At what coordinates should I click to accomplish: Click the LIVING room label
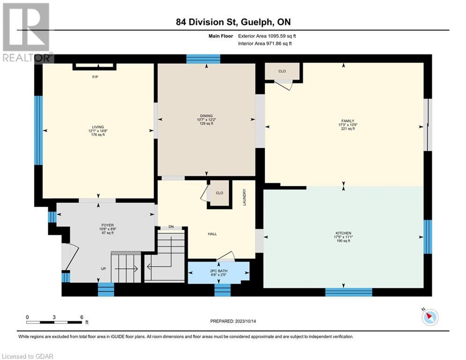coord(98,127)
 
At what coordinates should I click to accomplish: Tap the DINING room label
coord(206,116)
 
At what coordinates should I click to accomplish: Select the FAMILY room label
coord(348,121)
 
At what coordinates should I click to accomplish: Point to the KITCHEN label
coord(343,233)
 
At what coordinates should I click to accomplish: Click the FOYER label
coord(107,225)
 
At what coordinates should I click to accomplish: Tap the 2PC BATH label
coord(219,271)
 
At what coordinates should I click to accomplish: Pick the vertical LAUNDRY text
coord(244,197)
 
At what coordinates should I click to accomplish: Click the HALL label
coord(212,234)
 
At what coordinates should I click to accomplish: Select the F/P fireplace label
coord(95,77)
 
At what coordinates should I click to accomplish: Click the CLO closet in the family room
coord(282,71)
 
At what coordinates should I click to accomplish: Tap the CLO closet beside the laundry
coord(219,193)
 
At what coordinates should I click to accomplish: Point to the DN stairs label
coord(171,227)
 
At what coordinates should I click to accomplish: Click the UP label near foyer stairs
coord(104,269)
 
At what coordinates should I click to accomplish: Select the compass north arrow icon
coord(430,317)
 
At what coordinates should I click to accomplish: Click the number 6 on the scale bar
coord(82,317)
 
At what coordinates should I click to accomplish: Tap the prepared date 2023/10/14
coord(245,321)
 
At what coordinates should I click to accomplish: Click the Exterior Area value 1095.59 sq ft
coord(282,36)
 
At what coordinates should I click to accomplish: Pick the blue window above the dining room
coord(203,59)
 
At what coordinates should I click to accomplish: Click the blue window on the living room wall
coord(38,130)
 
